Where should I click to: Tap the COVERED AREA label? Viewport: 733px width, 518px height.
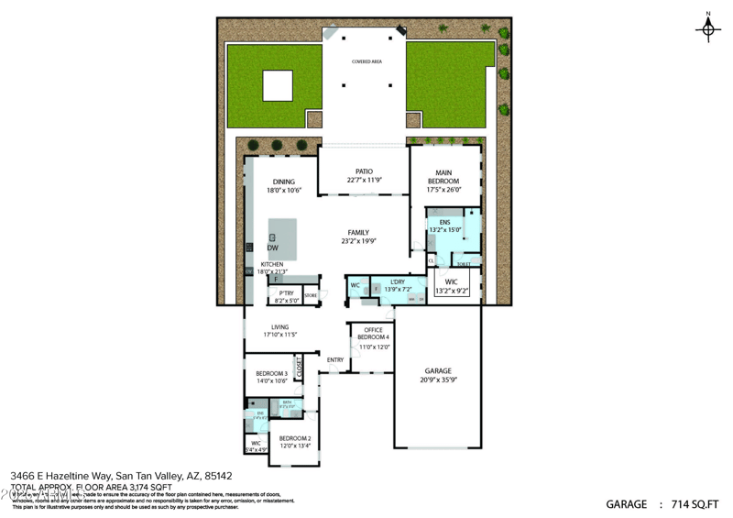coord(367,61)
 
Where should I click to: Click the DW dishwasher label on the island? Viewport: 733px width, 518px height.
coord(273,248)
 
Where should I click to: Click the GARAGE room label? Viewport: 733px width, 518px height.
coord(438,374)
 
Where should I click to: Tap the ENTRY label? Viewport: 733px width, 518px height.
coord(336,359)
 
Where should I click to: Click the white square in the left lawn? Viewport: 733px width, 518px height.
coord(278,86)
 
